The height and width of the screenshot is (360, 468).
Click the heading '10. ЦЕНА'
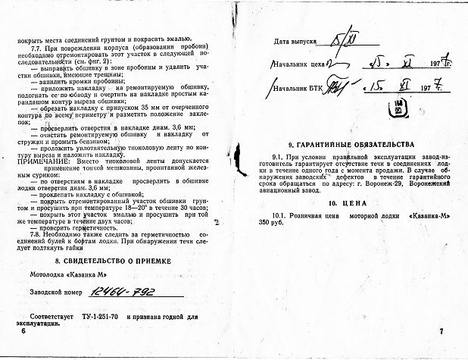(x=347, y=203)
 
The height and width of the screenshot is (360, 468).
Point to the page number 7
(x=441, y=332)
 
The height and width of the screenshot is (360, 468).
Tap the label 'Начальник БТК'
(x=302, y=89)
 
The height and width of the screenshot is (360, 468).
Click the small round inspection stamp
(x=395, y=108)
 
